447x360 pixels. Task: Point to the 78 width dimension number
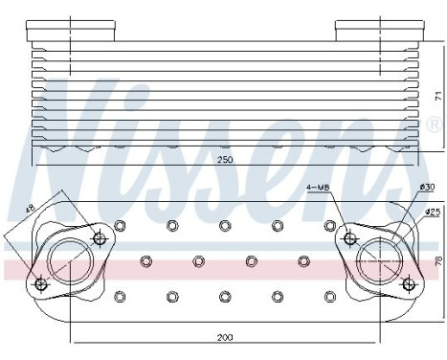(437, 261)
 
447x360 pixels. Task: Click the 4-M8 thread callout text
(320, 187)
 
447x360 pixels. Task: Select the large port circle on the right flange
(377, 259)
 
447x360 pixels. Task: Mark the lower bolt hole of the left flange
(40, 283)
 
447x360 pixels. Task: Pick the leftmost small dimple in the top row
(120, 226)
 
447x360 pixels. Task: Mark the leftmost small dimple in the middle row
(144, 259)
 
